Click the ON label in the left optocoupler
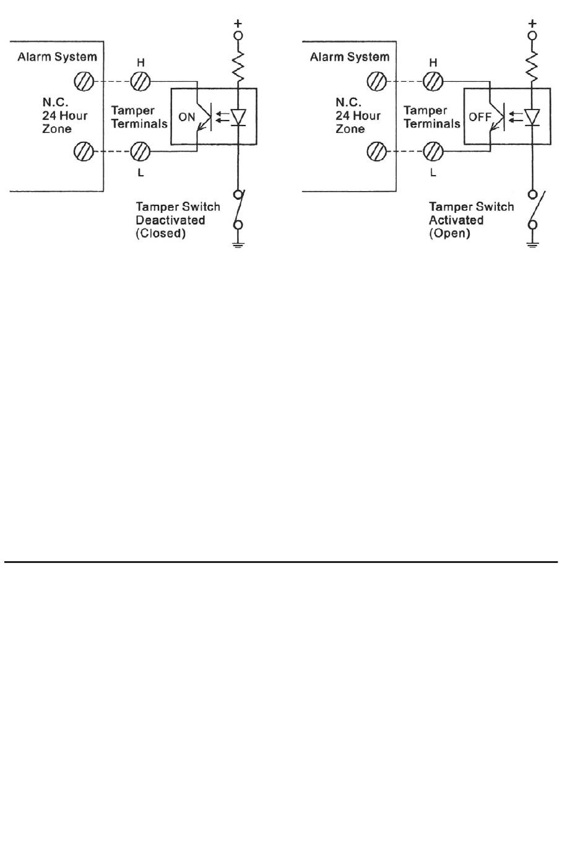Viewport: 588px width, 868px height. (186, 117)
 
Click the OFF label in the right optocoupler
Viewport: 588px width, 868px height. (480, 117)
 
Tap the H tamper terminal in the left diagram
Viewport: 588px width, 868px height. (140, 82)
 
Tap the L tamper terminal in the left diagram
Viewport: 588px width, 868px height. (140, 152)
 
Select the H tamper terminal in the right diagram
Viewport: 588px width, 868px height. (433, 82)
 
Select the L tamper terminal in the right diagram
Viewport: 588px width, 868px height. (433, 152)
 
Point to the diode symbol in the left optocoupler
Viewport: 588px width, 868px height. (238, 117)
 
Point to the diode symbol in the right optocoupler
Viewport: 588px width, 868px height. (532, 117)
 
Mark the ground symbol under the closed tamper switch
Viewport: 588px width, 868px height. (238, 244)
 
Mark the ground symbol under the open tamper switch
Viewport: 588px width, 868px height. (532, 244)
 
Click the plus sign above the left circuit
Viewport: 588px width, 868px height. (238, 24)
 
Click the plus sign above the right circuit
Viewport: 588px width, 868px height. (532, 24)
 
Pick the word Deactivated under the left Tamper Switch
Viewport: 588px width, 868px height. (170, 220)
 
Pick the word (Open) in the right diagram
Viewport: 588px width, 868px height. (449, 233)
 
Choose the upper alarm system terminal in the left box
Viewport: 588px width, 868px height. (84, 82)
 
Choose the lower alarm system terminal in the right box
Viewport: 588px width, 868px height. (376, 152)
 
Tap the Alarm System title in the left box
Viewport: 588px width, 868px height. (57, 57)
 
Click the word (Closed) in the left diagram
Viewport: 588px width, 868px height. (160, 233)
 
